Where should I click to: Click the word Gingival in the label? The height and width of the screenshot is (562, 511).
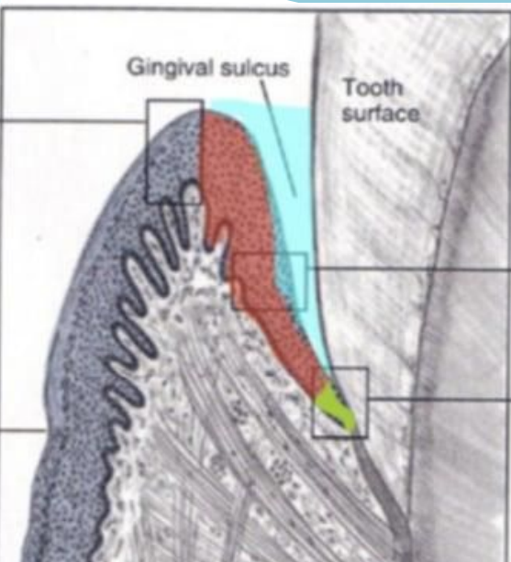171,67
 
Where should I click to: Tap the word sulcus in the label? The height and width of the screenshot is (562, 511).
255,68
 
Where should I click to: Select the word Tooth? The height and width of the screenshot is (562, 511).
372,87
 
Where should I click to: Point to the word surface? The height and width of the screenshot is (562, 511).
381,114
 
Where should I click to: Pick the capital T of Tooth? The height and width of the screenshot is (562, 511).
350,87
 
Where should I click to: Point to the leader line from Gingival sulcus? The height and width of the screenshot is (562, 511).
278,138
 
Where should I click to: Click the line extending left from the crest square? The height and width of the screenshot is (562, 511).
73,121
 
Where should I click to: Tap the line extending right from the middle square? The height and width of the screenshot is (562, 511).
409,268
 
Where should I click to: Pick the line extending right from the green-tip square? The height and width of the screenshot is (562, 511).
439,399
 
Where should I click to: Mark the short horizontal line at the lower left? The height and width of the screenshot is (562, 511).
23,429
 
